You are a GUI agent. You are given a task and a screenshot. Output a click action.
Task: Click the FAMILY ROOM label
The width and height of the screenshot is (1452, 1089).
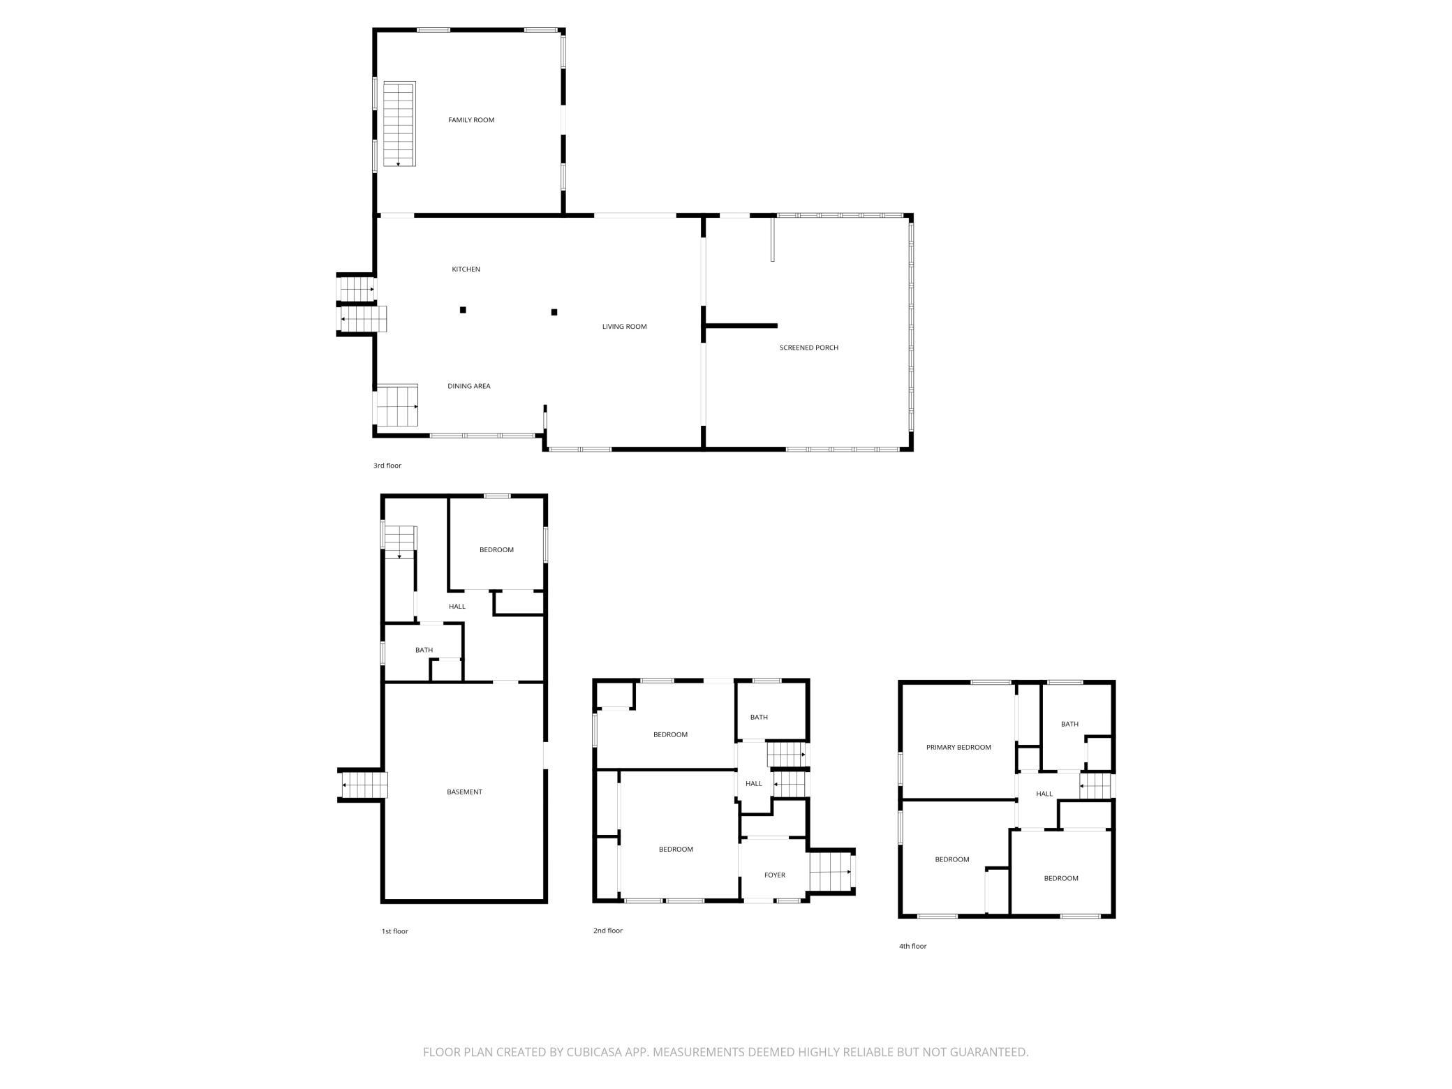pyautogui.click(x=471, y=120)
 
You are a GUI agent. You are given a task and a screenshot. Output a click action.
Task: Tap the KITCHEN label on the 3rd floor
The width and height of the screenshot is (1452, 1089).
pyautogui.click(x=466, y=269)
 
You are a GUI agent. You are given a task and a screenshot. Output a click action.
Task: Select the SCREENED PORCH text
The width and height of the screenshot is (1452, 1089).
pyautogui.click(x=808, y=348)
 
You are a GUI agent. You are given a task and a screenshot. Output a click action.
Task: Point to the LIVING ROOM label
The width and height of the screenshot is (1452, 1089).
pyautogui.click(x=624, y=327)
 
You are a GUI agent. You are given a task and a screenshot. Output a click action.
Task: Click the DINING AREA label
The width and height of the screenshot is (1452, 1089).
pyautogui.click(x=468, y=386)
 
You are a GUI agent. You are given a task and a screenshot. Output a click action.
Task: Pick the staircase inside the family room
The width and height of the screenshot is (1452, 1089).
pyautogui.click(x=399, y=124)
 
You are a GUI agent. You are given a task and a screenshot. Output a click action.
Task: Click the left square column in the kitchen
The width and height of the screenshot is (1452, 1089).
pyautogui.click(x=463, y=310)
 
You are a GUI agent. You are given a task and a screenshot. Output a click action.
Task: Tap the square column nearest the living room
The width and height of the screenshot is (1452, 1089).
pyautogui.click(x=554, y=312)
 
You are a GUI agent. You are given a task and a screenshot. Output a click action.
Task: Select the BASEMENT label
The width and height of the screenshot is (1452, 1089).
pyautogui.click(x=464, y=792)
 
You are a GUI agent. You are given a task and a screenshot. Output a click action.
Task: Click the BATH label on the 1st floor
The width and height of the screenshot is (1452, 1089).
pyautogui.click(x=424, y=650)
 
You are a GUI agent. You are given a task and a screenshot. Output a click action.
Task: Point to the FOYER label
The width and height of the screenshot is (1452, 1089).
pyautogui.click(x=774, y=875)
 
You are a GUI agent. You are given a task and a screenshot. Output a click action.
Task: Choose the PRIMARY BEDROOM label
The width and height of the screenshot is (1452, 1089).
pyautogui.click(x=958, y=747)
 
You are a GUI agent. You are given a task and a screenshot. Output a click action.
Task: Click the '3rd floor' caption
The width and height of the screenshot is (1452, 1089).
pyautogui.click(x=387, y=466)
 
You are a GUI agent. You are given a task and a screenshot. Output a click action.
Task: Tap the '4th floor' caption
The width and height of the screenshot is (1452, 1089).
pyautogui.click(x=912, y=946)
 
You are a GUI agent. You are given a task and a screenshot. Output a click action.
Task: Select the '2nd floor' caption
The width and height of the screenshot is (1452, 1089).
pyautogui.click(x=607, y=931)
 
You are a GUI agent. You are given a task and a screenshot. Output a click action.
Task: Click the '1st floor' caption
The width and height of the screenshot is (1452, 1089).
pyautogui.click(x=394, y=931)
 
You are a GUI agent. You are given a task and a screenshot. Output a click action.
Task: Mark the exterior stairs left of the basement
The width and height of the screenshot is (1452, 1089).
pyautogui.click(x=363, y=785)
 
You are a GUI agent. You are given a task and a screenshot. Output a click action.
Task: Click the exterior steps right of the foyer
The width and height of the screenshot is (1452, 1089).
pyautogui.click(x=831, y=872)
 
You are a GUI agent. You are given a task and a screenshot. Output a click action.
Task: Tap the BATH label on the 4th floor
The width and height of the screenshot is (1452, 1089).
pyautogui.click(x=1069, y=724)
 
